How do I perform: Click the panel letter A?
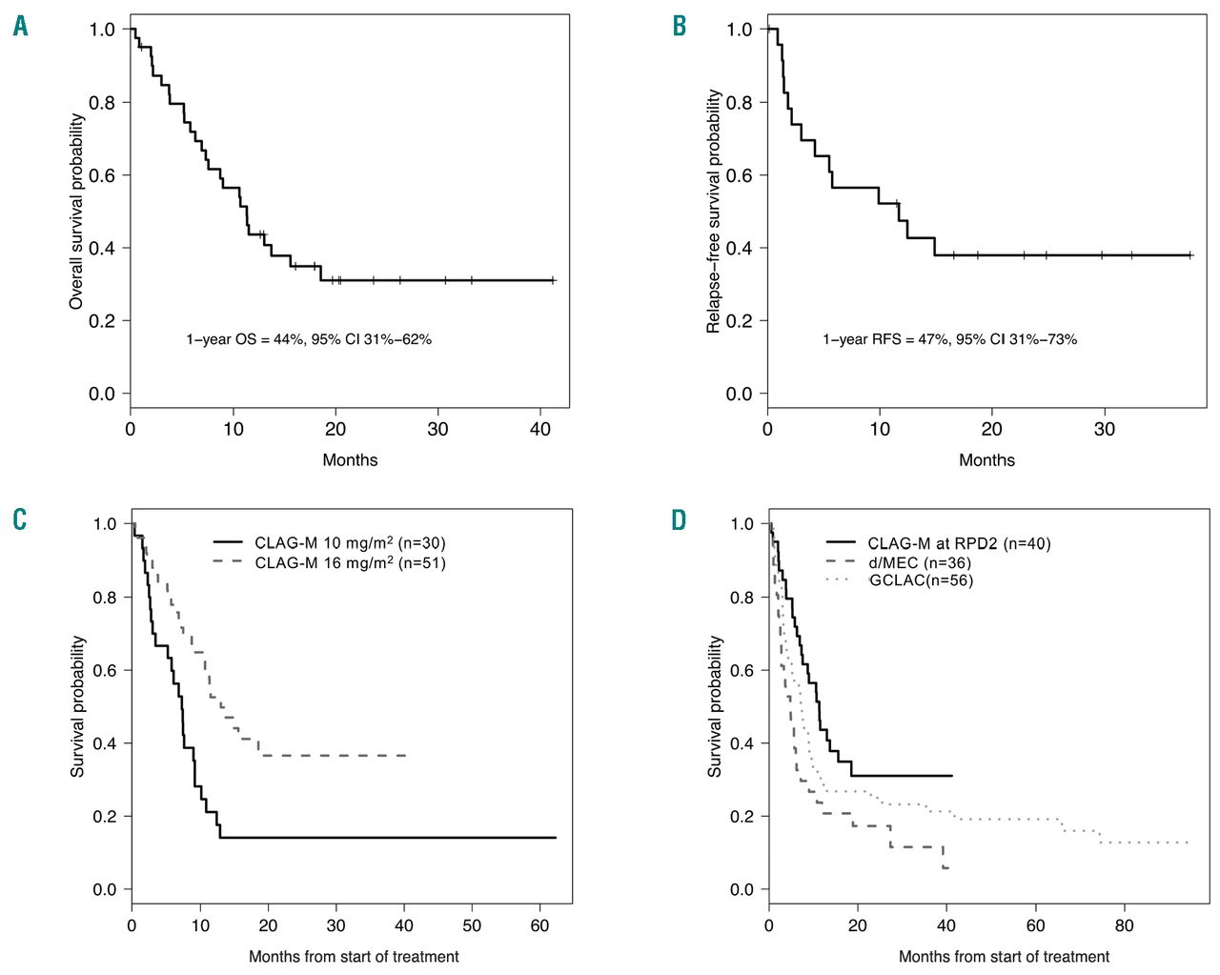point(20,27)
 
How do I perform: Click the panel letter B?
point(680,27)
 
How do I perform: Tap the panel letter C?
point(20,520)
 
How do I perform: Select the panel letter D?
point(679,520)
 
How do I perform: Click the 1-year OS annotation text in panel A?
point(309,338)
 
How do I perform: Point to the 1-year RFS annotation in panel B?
point(949,338)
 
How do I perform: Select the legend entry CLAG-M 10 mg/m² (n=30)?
point(350,543)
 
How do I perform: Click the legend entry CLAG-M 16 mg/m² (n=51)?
point(350,562)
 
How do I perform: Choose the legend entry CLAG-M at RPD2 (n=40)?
point(959,543)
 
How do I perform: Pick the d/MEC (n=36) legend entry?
point(920,562)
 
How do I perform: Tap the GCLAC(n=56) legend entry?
point(921,579)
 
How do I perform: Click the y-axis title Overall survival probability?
point(77,211)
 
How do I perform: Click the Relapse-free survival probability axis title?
point(714,211)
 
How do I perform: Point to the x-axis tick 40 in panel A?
point(540,429)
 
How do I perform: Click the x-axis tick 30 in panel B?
point(1105,429)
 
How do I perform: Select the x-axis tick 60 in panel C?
point(541,924)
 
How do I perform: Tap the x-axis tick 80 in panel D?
point(1124,924)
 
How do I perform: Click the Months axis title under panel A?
point(350,460)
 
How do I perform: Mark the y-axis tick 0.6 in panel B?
point(739,175)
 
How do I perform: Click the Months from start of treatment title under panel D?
point(1004,956)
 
